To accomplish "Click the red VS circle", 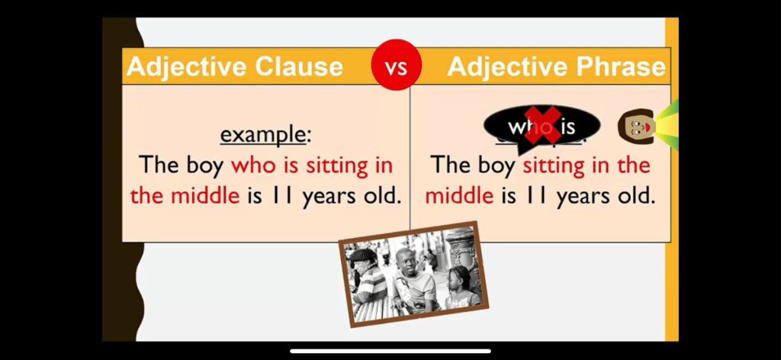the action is point(397,66).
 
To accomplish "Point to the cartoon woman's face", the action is point(636,127).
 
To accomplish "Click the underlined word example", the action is point(262,135).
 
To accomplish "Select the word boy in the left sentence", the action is point(205,166).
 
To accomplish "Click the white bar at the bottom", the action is point(390,351).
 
